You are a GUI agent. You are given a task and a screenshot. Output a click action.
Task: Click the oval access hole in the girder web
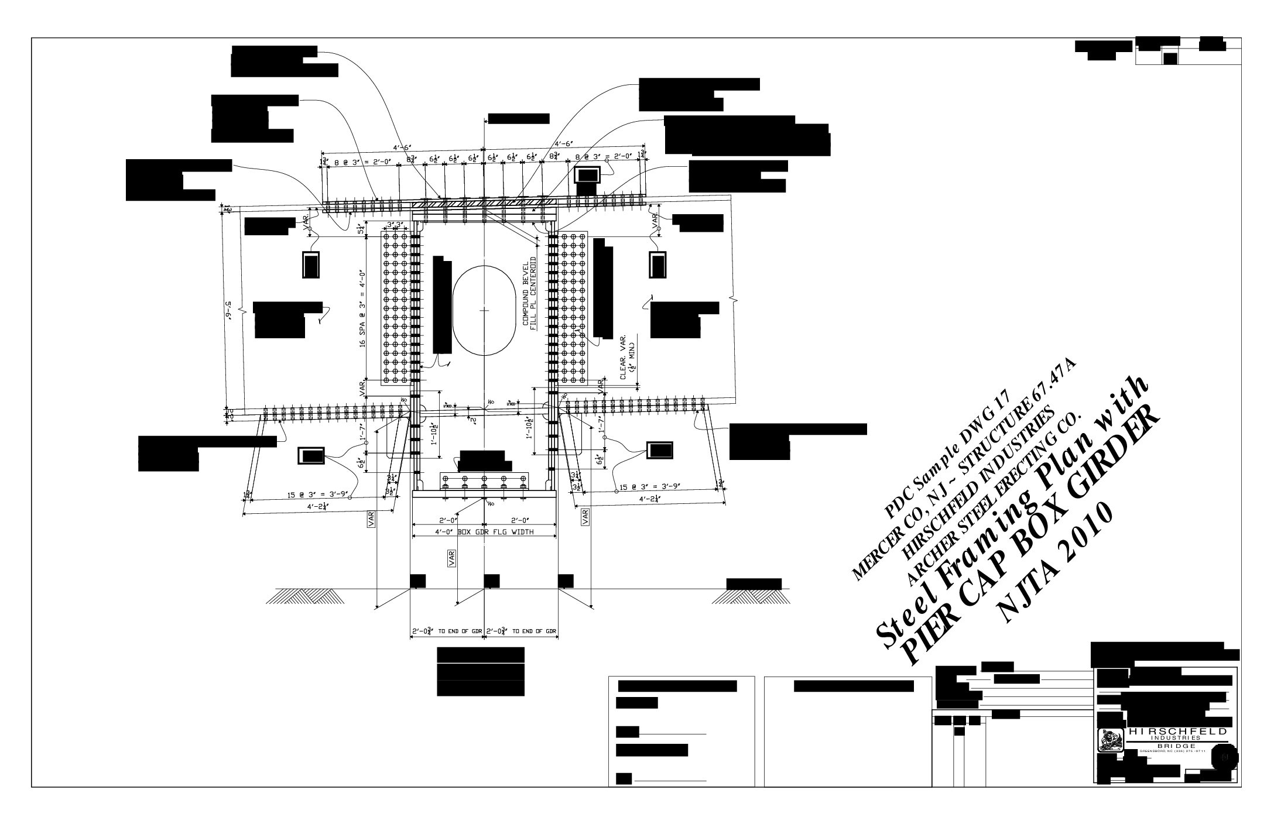[484, 310]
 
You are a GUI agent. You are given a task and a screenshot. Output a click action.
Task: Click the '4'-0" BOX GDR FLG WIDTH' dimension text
[484, 532]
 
